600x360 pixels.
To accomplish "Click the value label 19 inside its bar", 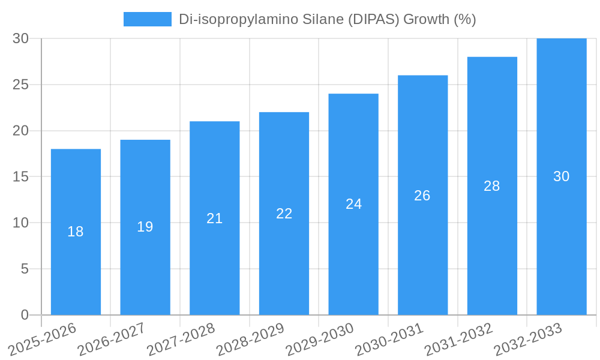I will point(145,227).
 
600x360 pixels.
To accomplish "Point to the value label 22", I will point(284,214).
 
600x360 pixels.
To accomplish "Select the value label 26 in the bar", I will point(422,196).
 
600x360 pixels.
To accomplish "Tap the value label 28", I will point(492,186).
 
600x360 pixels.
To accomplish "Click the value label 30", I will point(562,176).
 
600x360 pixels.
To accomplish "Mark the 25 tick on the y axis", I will point(21,85).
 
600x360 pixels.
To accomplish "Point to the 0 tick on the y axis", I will point(25,315).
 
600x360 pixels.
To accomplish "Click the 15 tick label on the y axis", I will point(21,177).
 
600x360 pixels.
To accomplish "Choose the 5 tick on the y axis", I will point(25,269).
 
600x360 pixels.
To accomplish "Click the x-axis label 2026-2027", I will point(112,339).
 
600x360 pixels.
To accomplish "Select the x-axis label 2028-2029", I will point(250,339).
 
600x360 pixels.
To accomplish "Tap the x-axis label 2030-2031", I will point(389,339).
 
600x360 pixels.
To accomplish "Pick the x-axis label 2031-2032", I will point(459,339).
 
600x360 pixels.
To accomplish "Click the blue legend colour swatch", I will point(148,19).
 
